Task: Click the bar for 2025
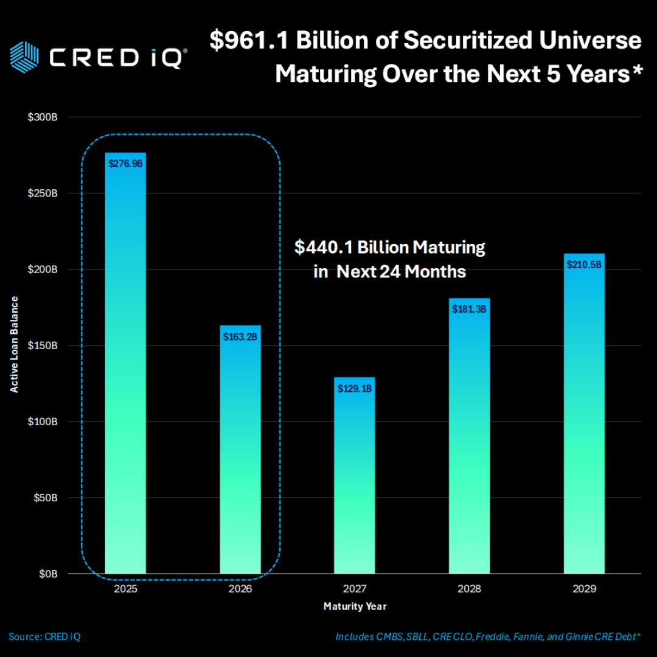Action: point(125,365)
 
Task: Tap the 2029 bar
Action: point(584,414)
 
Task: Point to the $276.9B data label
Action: point(125,163)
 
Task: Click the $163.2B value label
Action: point(240,336)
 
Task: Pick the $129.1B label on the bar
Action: point(355,388)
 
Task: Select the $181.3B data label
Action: point(469,309)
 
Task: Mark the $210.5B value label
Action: point(584,265)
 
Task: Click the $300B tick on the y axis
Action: point(43,117)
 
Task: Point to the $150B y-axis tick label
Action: point(43,346)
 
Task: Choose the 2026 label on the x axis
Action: point(240,589)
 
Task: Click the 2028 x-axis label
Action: point(469,589)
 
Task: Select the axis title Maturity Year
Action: point(355,607)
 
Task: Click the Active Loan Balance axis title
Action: point(14,344)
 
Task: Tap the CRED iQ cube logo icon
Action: point(25,56)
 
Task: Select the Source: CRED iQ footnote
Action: point(44,637)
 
